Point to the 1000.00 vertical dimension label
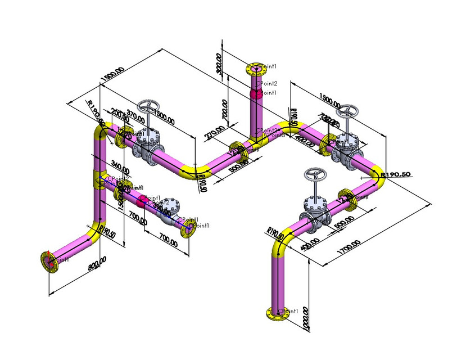coord(306,319)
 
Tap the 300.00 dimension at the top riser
coord(219,64)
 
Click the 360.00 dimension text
coord(120,167)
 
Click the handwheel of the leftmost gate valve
coord(150,107)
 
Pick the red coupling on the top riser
coord(256,93)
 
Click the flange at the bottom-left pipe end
coord(49,262)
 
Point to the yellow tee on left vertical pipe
coord(98,179)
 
